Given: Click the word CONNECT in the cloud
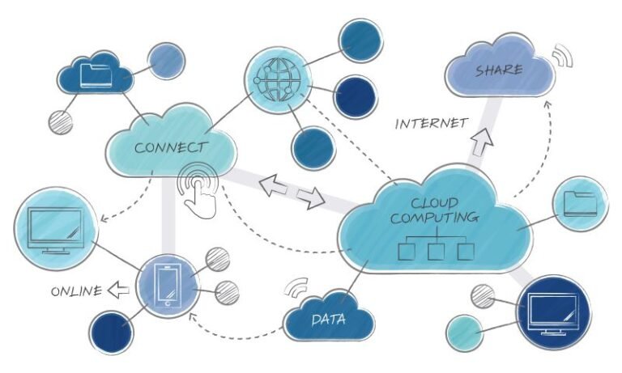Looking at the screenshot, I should (170, 147).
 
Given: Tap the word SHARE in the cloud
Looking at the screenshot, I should (498, 70).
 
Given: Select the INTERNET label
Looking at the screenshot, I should (431, 124).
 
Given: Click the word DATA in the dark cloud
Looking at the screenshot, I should (328, 319).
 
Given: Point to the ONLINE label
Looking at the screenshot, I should (77, 290).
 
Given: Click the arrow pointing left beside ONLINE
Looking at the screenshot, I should (119, 289).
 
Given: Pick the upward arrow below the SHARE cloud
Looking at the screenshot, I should (483, 142).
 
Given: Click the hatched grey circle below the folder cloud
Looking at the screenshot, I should (61, 121).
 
